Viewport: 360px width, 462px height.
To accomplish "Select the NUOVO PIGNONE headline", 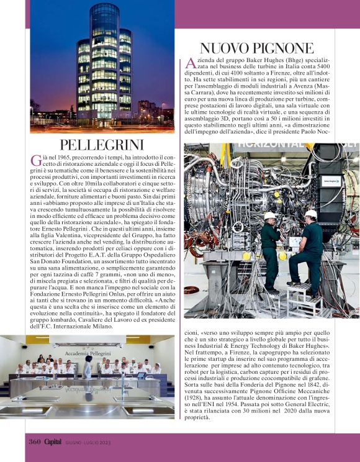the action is [257, 48].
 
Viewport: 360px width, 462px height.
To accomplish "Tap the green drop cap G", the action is [36, 160].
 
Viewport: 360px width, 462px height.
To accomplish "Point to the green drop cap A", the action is [191, 63].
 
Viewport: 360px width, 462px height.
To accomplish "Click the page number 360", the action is [34, 442].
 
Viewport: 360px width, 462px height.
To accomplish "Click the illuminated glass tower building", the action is [104, 62].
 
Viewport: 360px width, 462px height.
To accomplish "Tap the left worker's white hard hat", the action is [270, 215].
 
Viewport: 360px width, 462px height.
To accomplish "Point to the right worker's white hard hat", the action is [311, 214].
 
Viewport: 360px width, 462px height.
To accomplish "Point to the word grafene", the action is [318, 379].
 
